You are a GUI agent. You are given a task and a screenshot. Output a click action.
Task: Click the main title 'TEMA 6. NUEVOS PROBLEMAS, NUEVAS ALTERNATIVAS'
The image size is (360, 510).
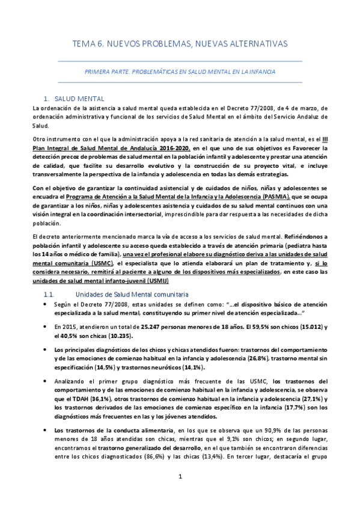[x=180, y=44]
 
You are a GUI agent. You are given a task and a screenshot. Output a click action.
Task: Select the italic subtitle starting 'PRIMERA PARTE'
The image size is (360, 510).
[x=180, y=71]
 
